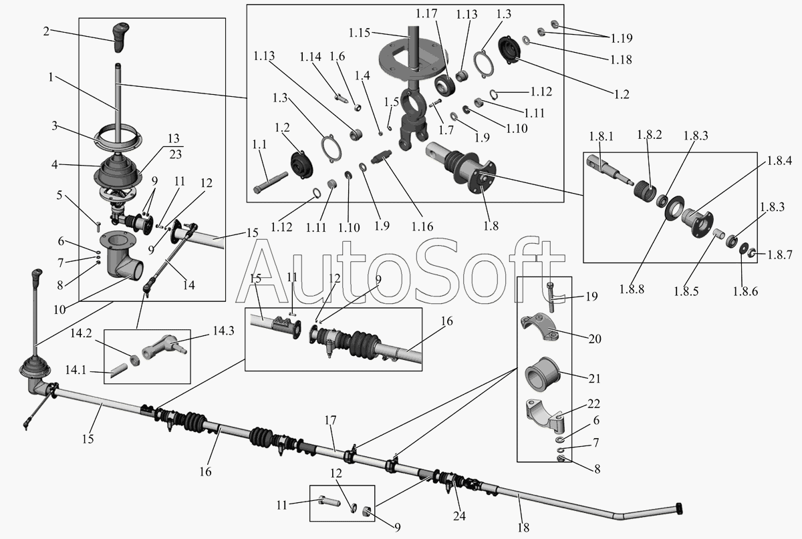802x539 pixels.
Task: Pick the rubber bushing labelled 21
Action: tap(544, 373)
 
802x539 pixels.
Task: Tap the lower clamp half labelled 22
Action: tap(545, 413)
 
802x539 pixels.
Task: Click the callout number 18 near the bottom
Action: tap(523, 528)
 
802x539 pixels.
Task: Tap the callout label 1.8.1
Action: tap(601, 136)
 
